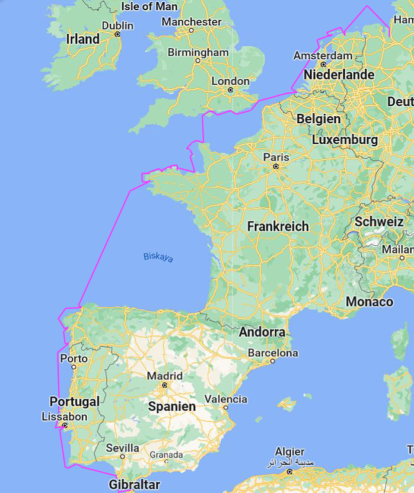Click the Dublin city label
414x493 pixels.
point(117,25)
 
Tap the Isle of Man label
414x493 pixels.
point(149,7)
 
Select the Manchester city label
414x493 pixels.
point(191,21)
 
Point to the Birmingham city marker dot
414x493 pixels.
point(198,60)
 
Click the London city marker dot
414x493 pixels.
point(230,90)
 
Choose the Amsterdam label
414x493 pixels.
point(323,55)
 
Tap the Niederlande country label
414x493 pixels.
point(339,75)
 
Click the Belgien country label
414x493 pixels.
point(319,119)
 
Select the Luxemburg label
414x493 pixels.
point(345,140)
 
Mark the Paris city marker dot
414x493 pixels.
point(276,167)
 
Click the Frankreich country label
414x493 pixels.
point(278,226)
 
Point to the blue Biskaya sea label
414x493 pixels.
point(158,257)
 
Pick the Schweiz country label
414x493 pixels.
point(379,222)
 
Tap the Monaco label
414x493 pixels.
point(369,302)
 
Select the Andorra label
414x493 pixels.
point(262,332)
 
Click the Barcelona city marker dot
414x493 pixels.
point(273,361)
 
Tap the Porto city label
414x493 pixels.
point(74,358)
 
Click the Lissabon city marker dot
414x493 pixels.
point(65,425)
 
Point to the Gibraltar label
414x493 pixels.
point(134,484)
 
